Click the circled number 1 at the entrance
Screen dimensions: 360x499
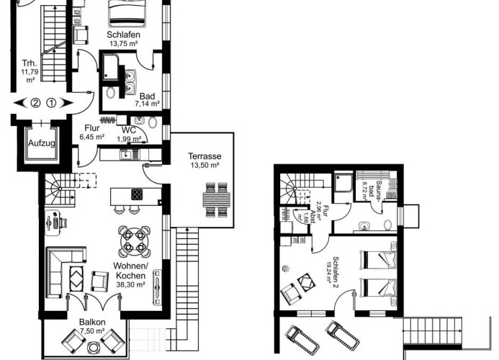coord(51,102)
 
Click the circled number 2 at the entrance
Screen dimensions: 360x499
coord(35,102)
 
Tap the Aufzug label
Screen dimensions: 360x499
coord(40,143)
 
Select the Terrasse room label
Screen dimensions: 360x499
coord(204,156)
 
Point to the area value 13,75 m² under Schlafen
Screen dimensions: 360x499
coord(123,43)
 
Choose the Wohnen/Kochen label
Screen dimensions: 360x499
coord(130,273)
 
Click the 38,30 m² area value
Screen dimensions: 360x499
coord(130,284)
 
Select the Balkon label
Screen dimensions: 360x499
coord(91,322)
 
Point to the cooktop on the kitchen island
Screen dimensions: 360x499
coord(136,194)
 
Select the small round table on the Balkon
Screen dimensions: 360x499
coord(93,346)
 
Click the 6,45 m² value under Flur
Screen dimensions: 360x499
coord(92,136)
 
